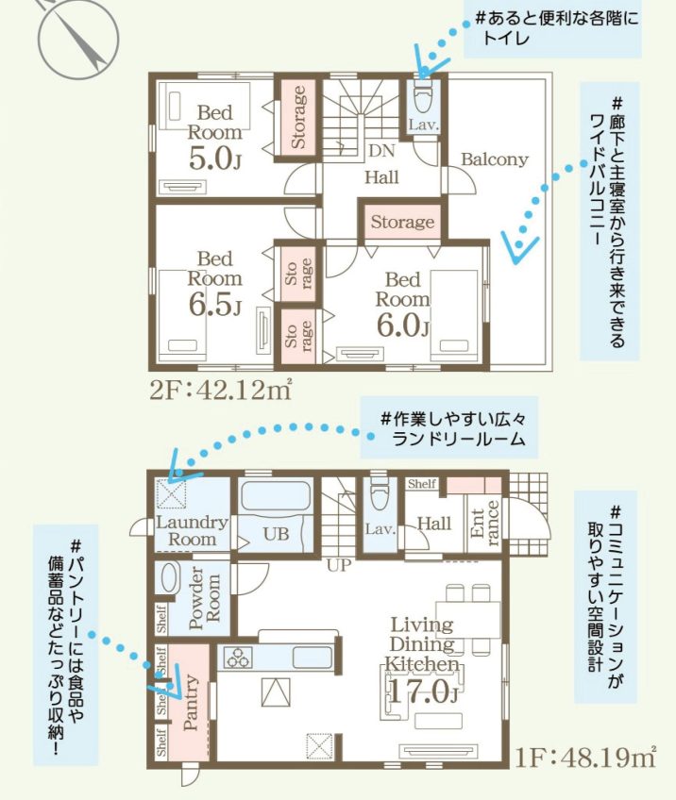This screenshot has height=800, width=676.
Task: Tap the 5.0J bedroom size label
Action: (x=214, y=158)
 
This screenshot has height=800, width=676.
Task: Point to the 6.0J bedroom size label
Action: (x=402, y=325)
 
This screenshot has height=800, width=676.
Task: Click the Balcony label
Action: (x=494, y=159)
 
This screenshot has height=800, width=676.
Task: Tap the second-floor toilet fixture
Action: (x=421, y=95)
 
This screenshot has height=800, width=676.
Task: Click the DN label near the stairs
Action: (x=380, y=151)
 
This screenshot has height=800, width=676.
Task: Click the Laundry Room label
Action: (x=193, y=530)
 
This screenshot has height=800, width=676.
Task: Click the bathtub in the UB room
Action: (x=276, y=500)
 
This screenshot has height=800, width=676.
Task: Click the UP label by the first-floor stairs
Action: (x=339, y=566)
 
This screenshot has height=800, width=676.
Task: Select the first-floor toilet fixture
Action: (x=378, y=492)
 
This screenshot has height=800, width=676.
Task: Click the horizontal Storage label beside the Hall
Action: (x=402, y=223)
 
